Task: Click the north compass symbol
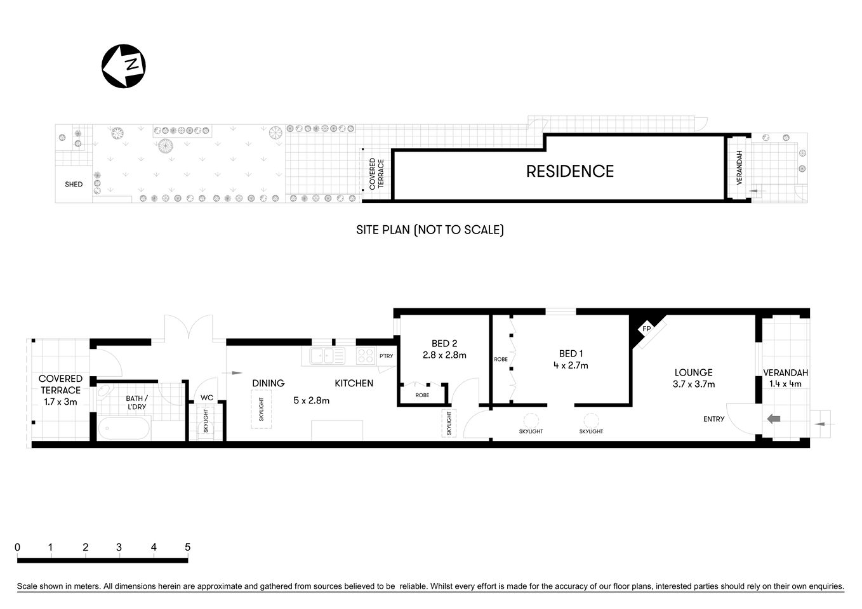[124, 66]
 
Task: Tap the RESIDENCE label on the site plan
[569, 171]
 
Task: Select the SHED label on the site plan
[74, 185]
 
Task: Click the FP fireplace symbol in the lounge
[646, 329]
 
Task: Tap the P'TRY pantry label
[386, 356]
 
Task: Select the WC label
[207, 398]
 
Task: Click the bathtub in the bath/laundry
[124, 429]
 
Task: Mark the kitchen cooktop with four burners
[365, 356]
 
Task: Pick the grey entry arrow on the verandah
[774, 419]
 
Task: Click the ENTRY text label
[713, 419]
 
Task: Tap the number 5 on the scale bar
[187, 547]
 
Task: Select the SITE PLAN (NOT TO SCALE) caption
[430, 230]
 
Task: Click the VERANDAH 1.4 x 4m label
[785, 378]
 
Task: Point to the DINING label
[268, 383]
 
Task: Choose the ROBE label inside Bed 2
[422, 395]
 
